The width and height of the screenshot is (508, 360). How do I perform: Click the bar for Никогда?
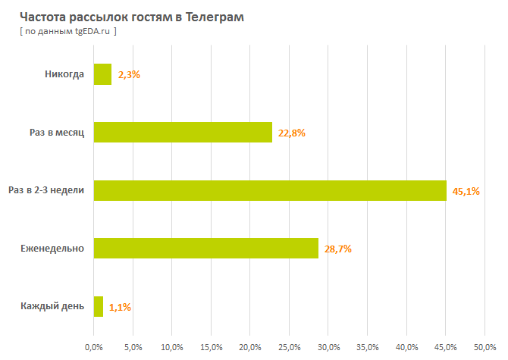click(102, 74)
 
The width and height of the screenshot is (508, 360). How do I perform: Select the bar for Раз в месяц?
click(182, 133)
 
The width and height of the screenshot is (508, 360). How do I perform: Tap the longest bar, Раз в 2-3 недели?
click(269, 190)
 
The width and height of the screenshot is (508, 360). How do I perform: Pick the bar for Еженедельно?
click(205, 249)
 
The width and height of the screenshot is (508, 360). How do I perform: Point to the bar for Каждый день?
click(98, 307)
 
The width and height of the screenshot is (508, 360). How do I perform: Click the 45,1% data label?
click(466, 191)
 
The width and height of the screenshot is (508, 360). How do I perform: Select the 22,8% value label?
click(292, 133)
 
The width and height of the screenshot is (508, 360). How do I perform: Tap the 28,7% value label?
click(338, 249)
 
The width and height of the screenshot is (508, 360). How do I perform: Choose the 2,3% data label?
click(130, 75)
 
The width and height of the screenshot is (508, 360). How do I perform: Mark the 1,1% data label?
click(121, 308)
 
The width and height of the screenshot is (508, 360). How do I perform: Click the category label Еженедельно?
click(52, 249)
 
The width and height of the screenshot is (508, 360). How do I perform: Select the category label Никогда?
click(64, 74)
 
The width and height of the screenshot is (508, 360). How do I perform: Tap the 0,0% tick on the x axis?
click(93, 347)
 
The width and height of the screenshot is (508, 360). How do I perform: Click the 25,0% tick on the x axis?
click(289, 347)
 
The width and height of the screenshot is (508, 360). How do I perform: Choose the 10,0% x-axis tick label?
click(171, 347)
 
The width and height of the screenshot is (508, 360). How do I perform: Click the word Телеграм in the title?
click(216, 17)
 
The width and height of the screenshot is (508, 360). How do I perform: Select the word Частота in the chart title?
click(39, 17)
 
